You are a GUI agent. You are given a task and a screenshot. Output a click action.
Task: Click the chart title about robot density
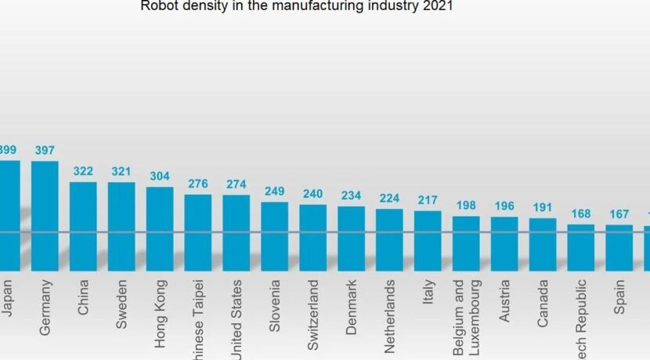(x=297, y=7)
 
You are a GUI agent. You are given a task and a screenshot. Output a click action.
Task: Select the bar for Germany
(x=45, y=215)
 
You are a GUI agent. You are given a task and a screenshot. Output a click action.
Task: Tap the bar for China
(x=83, y=226)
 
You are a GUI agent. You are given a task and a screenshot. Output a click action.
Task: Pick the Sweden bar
(x=121, y=226)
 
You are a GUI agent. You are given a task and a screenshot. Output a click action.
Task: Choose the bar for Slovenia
(x=275, y=236)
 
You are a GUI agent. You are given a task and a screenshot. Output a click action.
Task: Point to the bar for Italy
(x=428, y=239)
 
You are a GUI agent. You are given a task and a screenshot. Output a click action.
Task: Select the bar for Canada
(x=543, y=243)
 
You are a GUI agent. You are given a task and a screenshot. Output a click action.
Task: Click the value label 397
(x=45, y=149)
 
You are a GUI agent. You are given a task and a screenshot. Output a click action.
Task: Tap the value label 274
(x=236, y=184)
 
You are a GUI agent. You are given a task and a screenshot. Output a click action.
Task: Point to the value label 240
(x=312, y=193)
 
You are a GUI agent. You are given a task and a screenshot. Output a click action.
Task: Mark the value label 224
(x=389, y=198)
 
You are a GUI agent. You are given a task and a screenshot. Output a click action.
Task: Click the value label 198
(x=466, y=205)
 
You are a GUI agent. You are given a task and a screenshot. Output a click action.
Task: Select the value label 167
(x=619, y=214)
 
